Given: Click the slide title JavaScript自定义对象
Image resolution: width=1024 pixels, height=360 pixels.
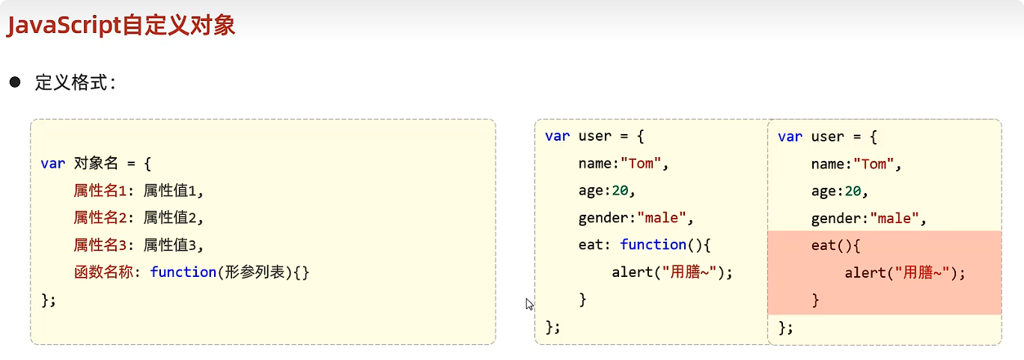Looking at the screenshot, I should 121,26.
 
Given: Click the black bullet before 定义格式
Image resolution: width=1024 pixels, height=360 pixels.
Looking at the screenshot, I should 14,82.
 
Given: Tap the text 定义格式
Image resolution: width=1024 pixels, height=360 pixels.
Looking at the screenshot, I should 75,82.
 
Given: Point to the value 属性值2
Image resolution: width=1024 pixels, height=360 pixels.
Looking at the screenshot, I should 173,218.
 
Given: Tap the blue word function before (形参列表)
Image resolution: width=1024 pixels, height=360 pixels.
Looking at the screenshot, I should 183,272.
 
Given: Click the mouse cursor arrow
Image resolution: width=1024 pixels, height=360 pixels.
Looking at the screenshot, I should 529,303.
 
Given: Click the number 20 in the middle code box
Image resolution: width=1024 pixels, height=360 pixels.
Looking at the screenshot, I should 620,191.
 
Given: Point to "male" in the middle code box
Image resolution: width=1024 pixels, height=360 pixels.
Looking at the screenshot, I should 665,218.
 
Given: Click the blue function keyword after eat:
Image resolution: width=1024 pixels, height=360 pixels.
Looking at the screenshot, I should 653,245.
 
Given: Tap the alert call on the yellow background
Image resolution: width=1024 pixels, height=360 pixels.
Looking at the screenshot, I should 671,272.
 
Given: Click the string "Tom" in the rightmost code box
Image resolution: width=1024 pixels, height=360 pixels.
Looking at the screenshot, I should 873,164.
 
